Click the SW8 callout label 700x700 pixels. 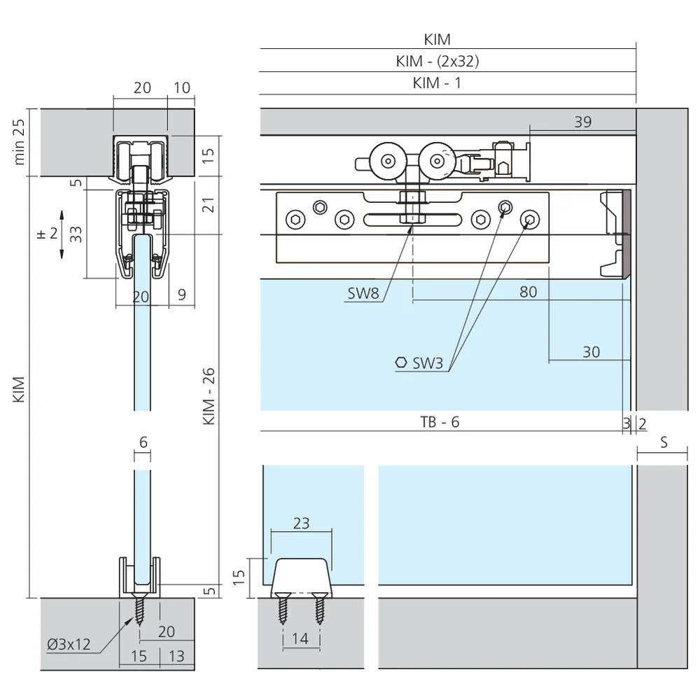point(363,293)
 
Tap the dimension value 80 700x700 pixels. point(528,291)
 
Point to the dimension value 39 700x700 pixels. point(582,122)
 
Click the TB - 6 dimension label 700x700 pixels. point(440,421)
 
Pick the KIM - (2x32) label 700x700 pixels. point(437,61)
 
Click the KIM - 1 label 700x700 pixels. point(437,83)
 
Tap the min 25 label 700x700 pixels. point(20,142)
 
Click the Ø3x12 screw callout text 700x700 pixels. point(69,645)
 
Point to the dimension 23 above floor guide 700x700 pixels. point(302,523)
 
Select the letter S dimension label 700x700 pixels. point(664,442)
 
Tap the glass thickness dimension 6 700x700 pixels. point(143,442)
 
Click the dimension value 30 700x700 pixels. point(591,351)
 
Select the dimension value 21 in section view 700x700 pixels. point(208,205)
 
